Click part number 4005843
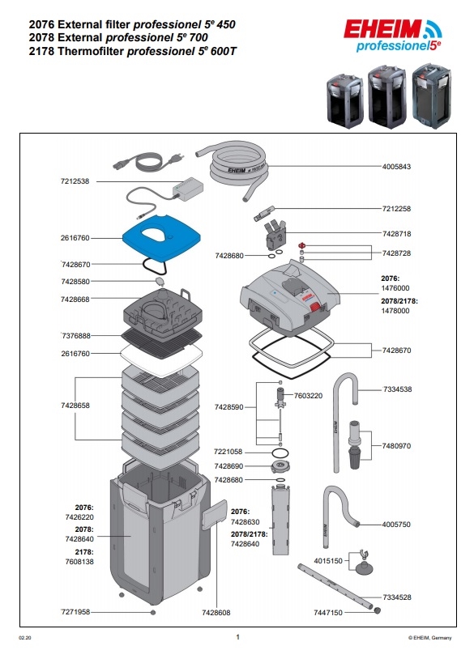(396, 167)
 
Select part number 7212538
(75, 181)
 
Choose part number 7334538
(397, 389)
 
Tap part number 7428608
(216, 613)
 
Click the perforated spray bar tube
(335, 587)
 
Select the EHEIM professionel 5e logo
(392, 36)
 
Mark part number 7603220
(308, 396)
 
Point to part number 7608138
(79, 562)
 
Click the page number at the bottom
(238, 637)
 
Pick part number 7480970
(396, 446)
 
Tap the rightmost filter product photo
(432, 96)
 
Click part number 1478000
(395, 311)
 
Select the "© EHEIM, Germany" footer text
(429, 638)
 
